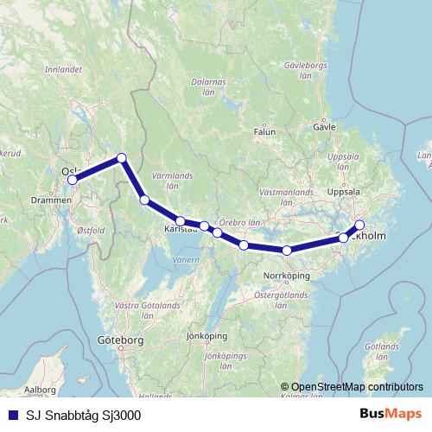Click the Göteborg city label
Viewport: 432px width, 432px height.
120,341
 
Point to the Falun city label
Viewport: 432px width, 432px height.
264,132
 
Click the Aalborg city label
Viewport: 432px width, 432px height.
40,390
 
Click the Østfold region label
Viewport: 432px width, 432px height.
91,231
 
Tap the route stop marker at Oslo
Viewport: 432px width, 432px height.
73,180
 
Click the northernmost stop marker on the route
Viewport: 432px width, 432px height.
122,157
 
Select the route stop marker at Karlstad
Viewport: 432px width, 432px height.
181,221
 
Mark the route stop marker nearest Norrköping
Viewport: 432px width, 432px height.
286,251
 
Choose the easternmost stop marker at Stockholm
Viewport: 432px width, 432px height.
359,226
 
